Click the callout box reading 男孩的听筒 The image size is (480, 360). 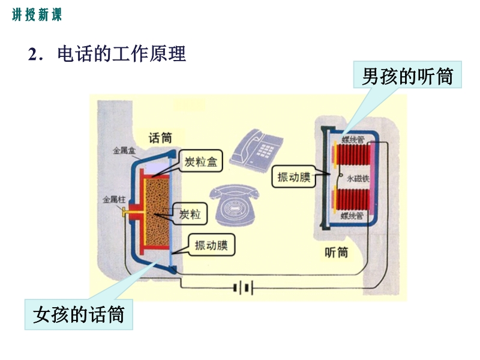coord(407,75)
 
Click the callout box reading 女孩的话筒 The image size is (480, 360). coord(79,314)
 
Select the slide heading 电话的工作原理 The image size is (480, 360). coord(121,54)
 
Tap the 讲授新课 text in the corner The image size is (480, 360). coord(37,14)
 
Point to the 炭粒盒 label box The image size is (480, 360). coord(201,161)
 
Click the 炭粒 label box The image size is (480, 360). coord(190,214)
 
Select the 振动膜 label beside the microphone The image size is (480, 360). coord(212,245)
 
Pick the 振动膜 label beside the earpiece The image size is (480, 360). coord(294,176)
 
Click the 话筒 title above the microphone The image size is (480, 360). coord(160,138)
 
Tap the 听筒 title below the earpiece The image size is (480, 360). coord(337,252)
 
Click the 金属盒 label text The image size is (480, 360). coord(124,151)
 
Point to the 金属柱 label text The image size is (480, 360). coord(114,200)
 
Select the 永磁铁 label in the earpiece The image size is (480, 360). coord(358,178)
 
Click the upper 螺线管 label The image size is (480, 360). coord(353,140)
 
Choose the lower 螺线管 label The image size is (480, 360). coord(352,216)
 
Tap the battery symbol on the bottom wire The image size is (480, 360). coord(244,288)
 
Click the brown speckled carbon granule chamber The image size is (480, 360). coord(157,212)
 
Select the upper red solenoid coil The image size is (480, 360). coord(353,155)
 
